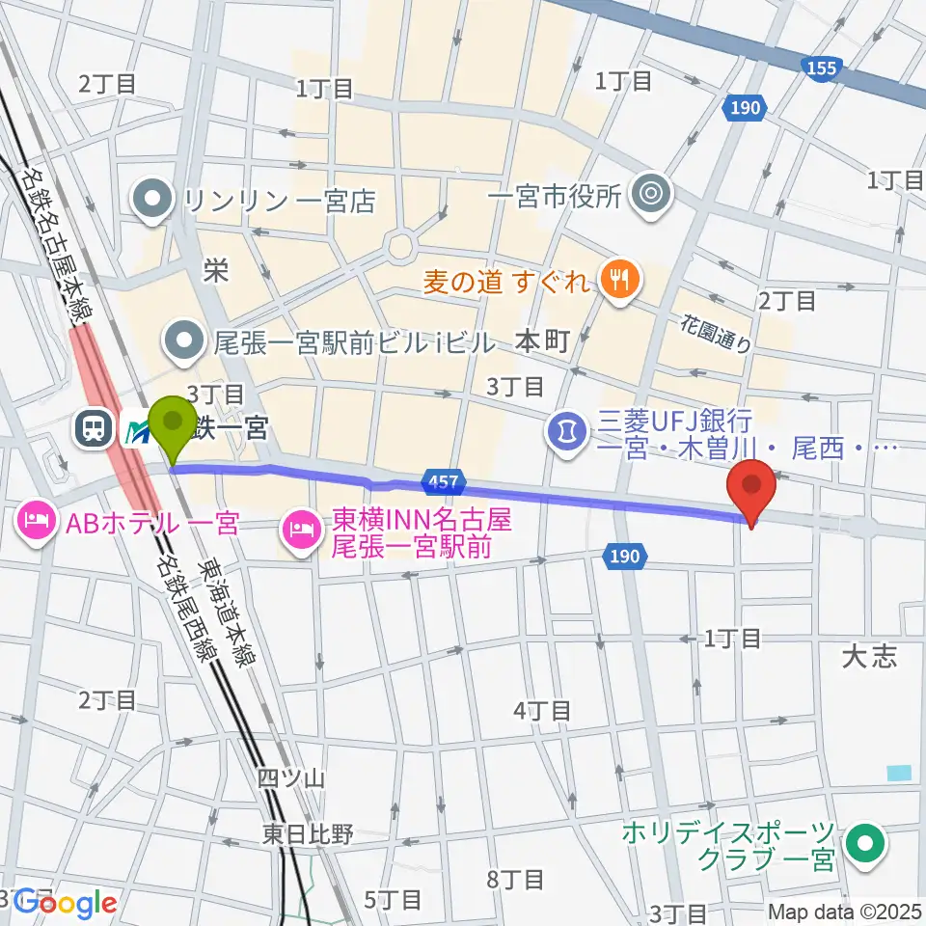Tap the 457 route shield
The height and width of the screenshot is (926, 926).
444,479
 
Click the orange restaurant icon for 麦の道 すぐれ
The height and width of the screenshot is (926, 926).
615,281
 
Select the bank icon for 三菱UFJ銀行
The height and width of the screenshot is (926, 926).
566,425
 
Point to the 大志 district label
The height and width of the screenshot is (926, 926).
869,657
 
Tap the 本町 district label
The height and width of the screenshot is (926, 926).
542,340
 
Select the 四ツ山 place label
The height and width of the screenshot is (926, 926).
284,777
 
